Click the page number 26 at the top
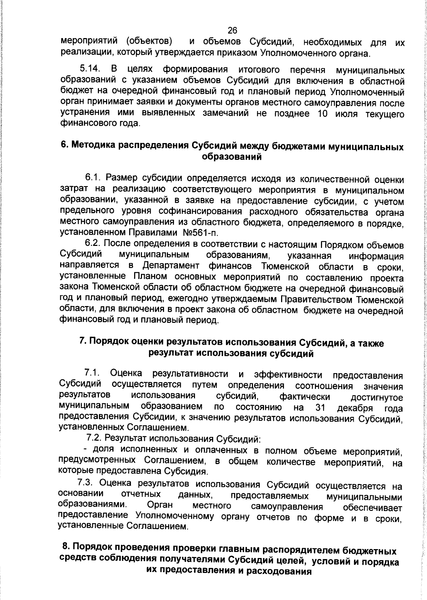(232, 31)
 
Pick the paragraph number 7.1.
(91, 373)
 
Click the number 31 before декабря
(321, 407)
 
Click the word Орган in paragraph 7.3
(159, 506)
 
